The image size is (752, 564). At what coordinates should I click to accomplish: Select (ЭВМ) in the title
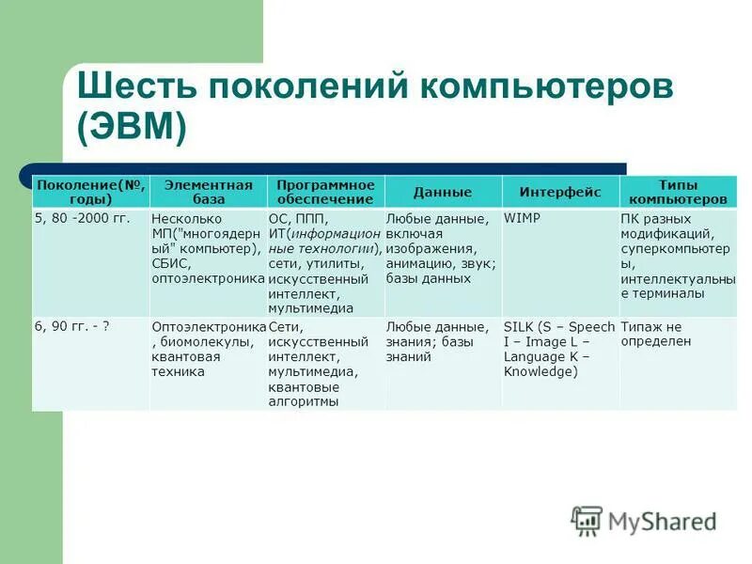(132, 129)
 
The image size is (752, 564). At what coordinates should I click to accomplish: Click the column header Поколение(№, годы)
(90, 192)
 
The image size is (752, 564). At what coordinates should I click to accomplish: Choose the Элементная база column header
(208, 192)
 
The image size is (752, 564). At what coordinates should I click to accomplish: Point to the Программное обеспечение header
(325, 192)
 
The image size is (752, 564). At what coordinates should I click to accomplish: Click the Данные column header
(443, 193)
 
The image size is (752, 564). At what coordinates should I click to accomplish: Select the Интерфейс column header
(559, 193)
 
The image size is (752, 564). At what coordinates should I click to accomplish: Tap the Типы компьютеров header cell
(678, 192)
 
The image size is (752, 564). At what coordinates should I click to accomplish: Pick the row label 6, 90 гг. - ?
(72, 326)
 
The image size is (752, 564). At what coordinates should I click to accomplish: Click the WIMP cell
(523, 218)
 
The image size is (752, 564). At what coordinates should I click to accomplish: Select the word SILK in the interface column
(519, 326)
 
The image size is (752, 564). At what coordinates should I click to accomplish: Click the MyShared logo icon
(587, 520)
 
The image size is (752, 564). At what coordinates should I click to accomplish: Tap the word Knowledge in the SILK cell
(538, 371)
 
